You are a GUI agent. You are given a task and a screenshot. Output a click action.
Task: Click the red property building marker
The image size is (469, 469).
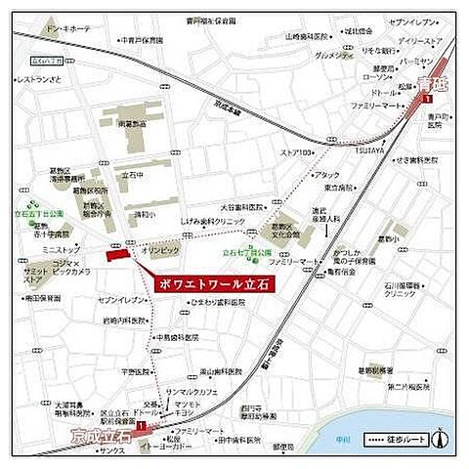tap(118, 254)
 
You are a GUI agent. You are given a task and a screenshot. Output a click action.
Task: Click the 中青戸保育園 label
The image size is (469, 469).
tap(142, 41)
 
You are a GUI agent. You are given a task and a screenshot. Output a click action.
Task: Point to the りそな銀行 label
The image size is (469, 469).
tap(379, 50)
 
